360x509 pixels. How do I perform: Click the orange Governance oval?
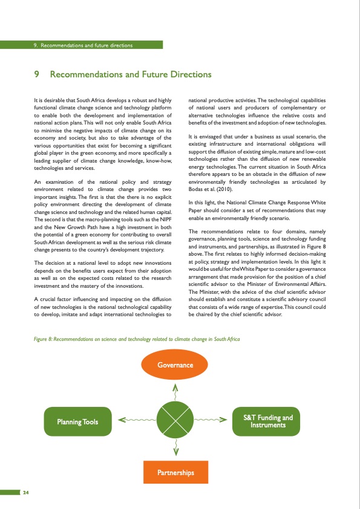click(175, 365)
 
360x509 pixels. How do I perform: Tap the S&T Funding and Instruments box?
click(267, 421)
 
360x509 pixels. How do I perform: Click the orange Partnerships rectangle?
click(175, 472)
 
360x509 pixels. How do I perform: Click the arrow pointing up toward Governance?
click(175, 390)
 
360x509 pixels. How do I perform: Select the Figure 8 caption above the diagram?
click(137, 339)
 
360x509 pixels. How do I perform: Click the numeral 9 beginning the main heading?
click(38, 75)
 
